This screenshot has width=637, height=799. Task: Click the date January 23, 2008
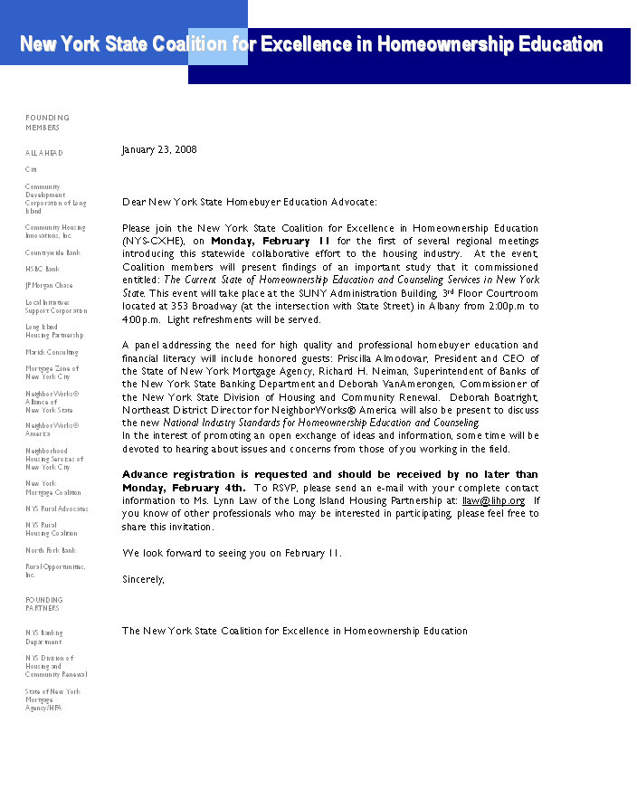tap(158, 149)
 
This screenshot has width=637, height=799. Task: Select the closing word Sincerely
tap(143, 579)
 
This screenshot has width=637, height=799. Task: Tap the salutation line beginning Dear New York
tap(250, 202)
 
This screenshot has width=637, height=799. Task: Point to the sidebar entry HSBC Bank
tap(43, 269)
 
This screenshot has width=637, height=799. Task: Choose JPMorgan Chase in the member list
tap(49, 285)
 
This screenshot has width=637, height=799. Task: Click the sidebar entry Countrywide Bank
tap(52, 252)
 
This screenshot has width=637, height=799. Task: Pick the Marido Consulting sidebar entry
tap(52, 352)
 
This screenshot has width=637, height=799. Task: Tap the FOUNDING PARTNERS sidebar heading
tap(43, 604)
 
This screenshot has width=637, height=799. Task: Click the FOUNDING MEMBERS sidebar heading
tap(47, 122)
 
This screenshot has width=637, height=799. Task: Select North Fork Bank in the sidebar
tap(51, 550)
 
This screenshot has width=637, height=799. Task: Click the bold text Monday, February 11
tap(271, 242)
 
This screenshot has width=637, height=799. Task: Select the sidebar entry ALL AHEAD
tap(44, 153)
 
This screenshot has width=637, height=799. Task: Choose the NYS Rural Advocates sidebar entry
tap(56, 509)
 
